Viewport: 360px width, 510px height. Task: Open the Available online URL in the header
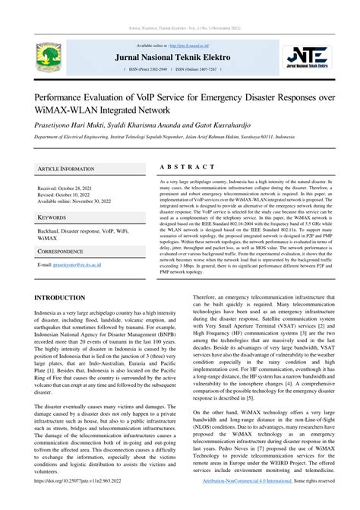(x=205, y=46)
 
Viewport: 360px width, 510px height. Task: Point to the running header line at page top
(x=180, y=28)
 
